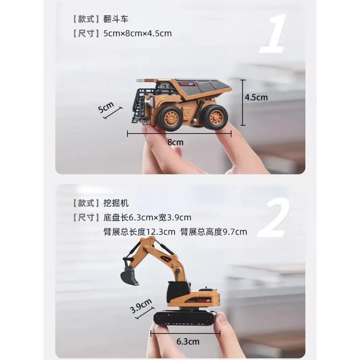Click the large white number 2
[x=274, y=219]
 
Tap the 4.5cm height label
[x=256, y=97]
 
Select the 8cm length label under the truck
[x=175, y=142]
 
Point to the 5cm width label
[x=105, y=108]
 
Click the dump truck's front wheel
[x=170, y=118]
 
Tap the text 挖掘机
[x=116, y=203]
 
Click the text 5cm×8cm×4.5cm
[x=137, y=34]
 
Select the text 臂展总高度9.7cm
[x=214, y=232]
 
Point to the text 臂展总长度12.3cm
[x=139, y=232]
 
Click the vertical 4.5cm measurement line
[x=242, y=103]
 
